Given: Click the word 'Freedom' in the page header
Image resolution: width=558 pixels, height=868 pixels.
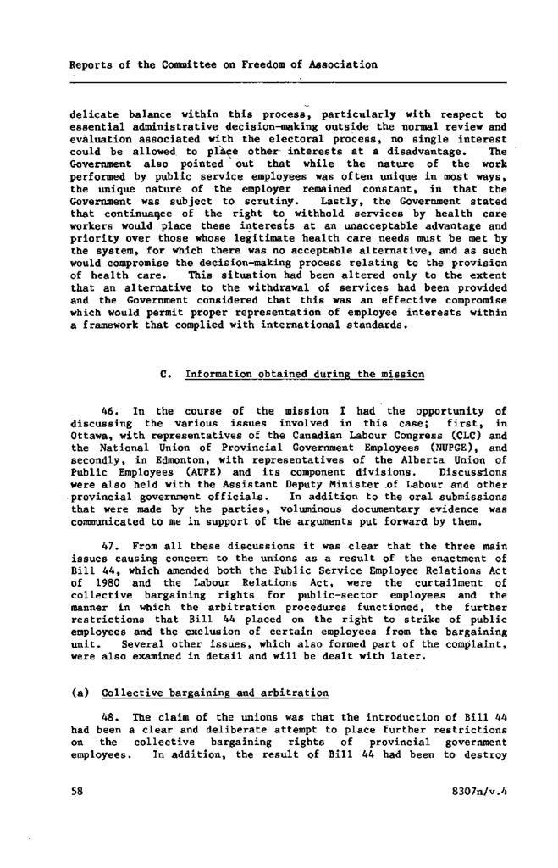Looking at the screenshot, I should click(272, 64).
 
